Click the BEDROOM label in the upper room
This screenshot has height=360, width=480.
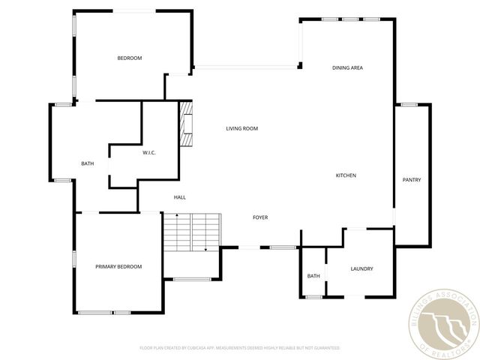[x=129, y=58]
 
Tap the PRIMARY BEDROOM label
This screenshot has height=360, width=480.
[x=118, y=266]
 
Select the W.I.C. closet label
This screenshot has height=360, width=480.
[x=148, y=153]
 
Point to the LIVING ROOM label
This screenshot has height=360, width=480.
[x=241, y=128]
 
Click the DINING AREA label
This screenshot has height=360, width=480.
[x=347, y=68]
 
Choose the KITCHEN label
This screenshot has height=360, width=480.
[x=345, y=175]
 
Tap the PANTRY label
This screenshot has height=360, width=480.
[x=411, y=180]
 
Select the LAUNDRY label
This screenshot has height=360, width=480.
[x=361, y=269]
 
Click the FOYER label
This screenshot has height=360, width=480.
[x=259, y=217]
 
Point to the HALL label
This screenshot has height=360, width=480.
[x=180, y=197]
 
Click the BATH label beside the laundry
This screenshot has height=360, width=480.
[x=313, y=276]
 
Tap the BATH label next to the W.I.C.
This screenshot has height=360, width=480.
[x=87, y=163]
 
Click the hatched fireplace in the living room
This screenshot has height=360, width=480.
[x=185, y=123]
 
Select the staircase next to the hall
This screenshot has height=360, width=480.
[x=192, y=232]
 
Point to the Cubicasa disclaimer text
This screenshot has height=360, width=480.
[x=240, y=348]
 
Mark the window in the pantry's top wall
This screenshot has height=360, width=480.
[x=409, y=104]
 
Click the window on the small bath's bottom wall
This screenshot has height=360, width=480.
[x=313, y=297]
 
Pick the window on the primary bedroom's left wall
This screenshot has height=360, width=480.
[x=73, y=258]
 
